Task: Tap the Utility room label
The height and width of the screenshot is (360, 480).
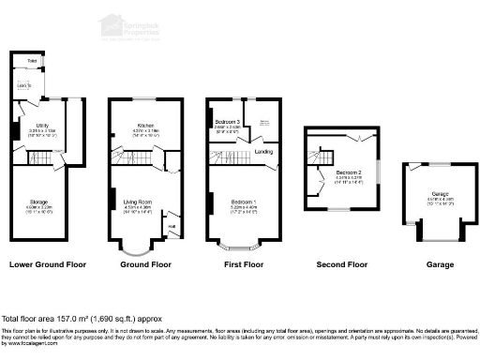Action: tap(42, 124)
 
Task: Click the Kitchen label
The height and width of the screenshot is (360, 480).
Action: tap(144, 124)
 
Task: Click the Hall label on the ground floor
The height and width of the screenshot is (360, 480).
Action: tap(172, 225)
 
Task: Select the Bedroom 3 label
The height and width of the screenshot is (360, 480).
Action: tap(228, 123)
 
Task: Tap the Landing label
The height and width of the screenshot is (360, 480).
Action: tap(263, 151)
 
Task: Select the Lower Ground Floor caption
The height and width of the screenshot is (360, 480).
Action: tap(48, 264)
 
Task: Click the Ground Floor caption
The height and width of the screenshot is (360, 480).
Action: tap(146, 264)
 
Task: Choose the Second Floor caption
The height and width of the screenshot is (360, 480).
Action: tap(342, 264)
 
